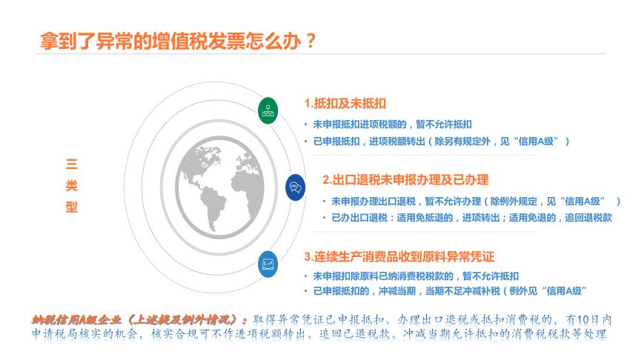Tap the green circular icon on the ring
pos(268,111)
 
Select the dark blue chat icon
pos(295,187)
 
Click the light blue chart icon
pos(268,264)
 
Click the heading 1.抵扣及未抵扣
pos(345,103)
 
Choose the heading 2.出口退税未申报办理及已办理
pos(405,179)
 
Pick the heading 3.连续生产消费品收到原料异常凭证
pos(399,256)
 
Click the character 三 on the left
pos(71,164)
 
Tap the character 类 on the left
pos(71,186)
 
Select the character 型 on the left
pos(71,207)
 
